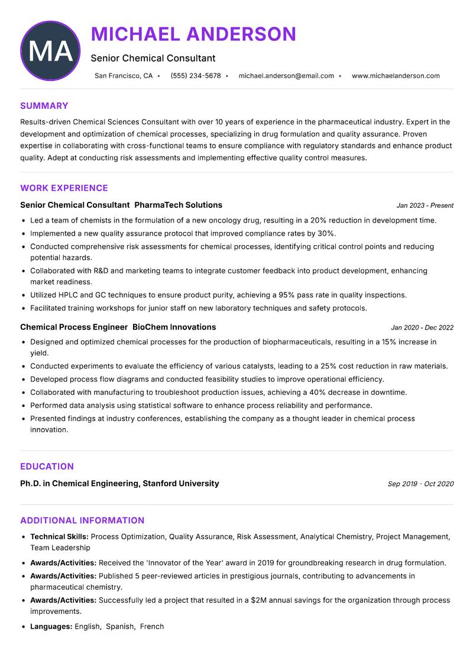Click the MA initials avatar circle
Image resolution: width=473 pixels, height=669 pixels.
tap(50, 51)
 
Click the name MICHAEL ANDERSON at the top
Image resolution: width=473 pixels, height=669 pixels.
tap(193, 34)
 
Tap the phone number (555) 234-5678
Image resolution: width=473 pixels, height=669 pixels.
tap(195, 76)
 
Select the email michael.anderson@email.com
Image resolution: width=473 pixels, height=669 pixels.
tap(286, 76)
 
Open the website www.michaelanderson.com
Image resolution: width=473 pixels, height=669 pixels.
tap(396, 76)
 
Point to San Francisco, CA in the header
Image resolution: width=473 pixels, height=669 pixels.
tap(124, 76)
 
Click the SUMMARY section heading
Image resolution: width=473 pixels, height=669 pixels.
tap(44, 106)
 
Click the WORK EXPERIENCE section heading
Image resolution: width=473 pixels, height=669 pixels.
tap(64, 188)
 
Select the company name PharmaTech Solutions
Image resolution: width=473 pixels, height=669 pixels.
tap(179, 205)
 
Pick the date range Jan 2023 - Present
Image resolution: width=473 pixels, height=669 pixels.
tap(425, 205)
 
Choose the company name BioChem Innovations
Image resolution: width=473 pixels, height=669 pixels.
tap(174, 327)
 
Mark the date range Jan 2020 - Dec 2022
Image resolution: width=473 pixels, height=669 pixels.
tap(422, 327)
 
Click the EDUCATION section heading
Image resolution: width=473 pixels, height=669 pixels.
tap(47, 467)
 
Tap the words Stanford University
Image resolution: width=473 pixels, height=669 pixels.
tap(181, 483)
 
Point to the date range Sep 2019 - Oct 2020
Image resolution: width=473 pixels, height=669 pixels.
tap(420, 484)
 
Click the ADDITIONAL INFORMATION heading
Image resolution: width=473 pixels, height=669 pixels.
tap(82, 520)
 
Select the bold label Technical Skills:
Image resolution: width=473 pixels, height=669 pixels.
tap(60, 536)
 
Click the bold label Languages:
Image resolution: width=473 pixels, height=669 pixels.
tap(51, 626)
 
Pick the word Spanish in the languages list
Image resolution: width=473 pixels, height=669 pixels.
tap(120, 626)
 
